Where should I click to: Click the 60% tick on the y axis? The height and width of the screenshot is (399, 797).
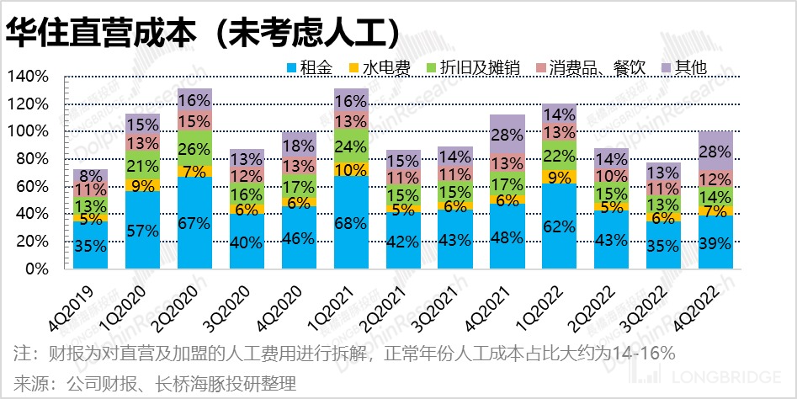pyautogui.click(x=32, y=187)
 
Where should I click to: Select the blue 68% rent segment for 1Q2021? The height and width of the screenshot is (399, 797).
pyautogui.click(x=351, y=222)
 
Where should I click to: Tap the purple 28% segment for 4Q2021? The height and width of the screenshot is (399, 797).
pyautogui.click(x=507, y=135)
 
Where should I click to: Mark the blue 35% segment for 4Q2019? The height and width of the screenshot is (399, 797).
pyautogui.click(x=90, y=245)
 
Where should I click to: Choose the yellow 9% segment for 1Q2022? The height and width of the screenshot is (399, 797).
pyautogui.click(x=560, y=178)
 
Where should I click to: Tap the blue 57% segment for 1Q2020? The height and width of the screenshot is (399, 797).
pyautogui.click(x=142, y=230)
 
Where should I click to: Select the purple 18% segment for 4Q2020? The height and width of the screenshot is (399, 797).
pyautogui.click(x=299, y=146)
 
